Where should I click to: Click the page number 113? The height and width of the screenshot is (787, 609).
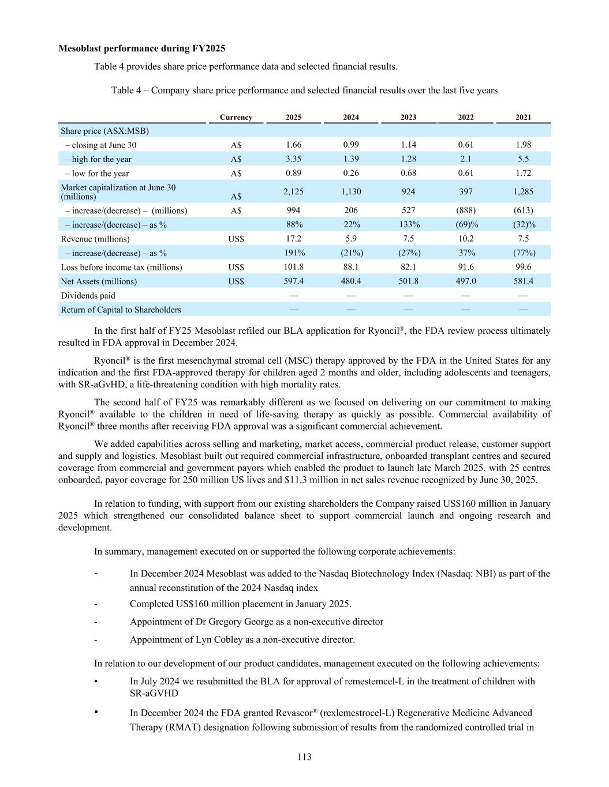304,756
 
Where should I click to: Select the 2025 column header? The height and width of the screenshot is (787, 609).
293,117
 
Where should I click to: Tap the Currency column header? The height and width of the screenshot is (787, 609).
236,117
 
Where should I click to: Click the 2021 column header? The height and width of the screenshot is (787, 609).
523,117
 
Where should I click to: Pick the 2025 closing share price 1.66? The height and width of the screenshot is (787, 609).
293,145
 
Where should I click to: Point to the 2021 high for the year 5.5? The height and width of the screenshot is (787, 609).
523,159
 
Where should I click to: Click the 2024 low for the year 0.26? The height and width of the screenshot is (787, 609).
351,173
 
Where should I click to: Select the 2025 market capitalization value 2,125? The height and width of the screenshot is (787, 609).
293,191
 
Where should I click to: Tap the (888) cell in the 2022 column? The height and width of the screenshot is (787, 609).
466,210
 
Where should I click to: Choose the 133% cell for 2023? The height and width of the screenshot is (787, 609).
408,225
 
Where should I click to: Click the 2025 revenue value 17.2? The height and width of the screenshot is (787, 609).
293,239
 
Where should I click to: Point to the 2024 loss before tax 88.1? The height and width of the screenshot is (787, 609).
351,267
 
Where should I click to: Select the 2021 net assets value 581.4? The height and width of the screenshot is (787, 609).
523,281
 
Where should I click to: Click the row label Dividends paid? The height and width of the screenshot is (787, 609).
88,296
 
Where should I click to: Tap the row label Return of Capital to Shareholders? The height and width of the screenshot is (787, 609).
121,310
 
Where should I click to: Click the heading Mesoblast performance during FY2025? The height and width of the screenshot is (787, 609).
141,48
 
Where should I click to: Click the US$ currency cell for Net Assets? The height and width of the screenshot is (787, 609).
236,281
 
